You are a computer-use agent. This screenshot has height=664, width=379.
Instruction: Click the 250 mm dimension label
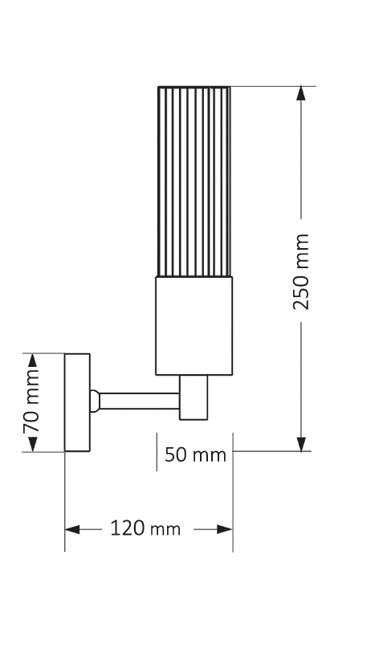pos(301,271)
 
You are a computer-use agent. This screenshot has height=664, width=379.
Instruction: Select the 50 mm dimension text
pos(195,455)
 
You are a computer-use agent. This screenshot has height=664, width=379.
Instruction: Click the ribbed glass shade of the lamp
pos(194,181)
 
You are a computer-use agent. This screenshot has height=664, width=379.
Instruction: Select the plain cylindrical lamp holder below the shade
pos(194,325)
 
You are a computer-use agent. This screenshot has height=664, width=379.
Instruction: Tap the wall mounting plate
pos(77,401)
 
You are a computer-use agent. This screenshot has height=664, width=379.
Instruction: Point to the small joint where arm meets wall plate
pos(95,400)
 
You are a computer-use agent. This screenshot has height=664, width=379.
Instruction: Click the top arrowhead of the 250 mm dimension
pos(301,93)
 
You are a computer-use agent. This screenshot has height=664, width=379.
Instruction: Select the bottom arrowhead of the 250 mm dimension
pos(301,444)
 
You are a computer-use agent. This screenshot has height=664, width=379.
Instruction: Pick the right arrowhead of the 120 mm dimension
pos(225,529)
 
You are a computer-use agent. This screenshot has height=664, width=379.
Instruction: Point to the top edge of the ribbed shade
pos(194,87)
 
